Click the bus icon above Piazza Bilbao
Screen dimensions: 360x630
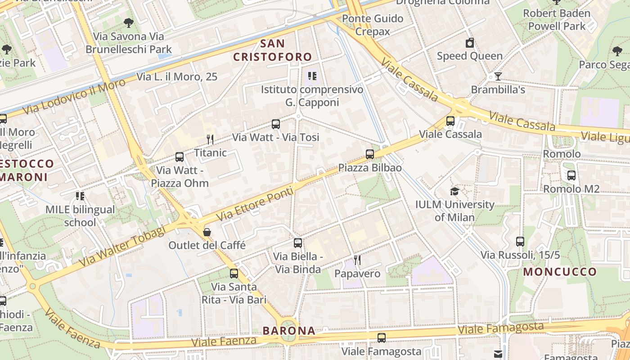click(x=370, y=154)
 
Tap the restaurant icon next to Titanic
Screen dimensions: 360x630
click(x=210, y=139)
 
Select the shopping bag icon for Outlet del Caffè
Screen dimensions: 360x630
click(x=207, y=232)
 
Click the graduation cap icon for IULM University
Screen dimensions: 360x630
click(x=454, y=192)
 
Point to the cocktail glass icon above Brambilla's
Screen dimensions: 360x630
click(x=498, y=76)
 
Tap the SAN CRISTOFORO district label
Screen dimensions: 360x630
click(x=273, y=50)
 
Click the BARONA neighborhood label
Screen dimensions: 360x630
click(x=289, y=331)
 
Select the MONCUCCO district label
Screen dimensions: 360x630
click(x=560, y=272)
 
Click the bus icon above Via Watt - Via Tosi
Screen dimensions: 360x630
click(x=276, y=124)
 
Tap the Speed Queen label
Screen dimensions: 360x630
click(x=469, y=56)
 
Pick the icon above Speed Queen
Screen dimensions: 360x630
click(x=470, y=43)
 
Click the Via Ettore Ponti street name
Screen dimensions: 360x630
click(x=255, y=204)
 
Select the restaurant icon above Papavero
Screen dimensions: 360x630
click(x=357, y=260)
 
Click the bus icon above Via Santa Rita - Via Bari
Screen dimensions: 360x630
click(x=234, y=273)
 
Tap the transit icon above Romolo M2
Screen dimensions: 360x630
click(x=571, y=175)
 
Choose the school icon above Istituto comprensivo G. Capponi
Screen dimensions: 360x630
click(x=312, y=76)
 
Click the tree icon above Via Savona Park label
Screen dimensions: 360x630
click(x=129, y=23)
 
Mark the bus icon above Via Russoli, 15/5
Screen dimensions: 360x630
click(x=520, y=242)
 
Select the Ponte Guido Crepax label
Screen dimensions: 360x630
click(x=373, y=25)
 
